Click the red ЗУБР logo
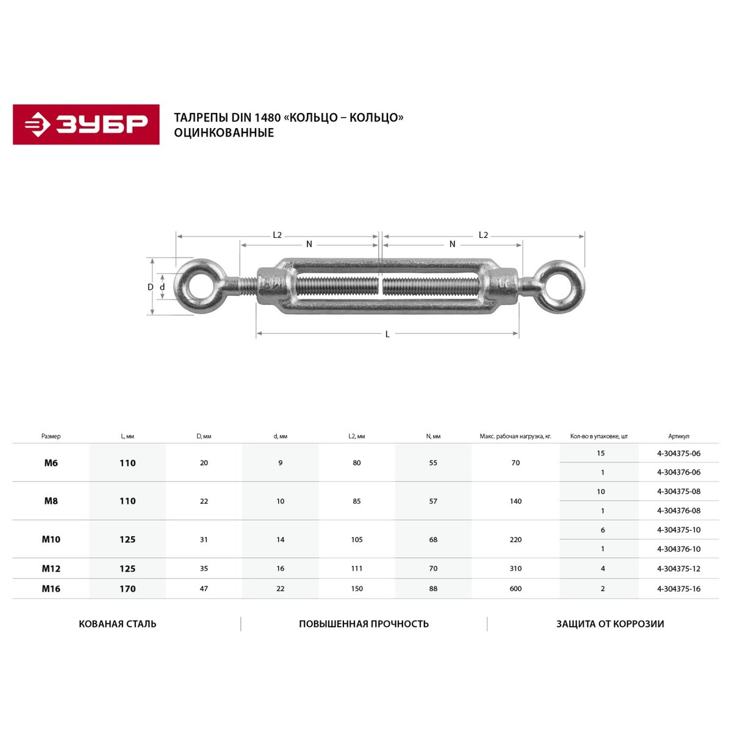(x=86, y=124)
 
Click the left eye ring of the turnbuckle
(x=181, y=287)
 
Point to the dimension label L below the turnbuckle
(x=387, y=334)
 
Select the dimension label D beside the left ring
(x=151, y=287)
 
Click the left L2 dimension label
(x=278, y=235)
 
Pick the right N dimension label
(x=452, y=244)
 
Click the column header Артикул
(x=678, y=437)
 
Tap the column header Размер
(x=51, y=437)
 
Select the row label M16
(x=51, y=589)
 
